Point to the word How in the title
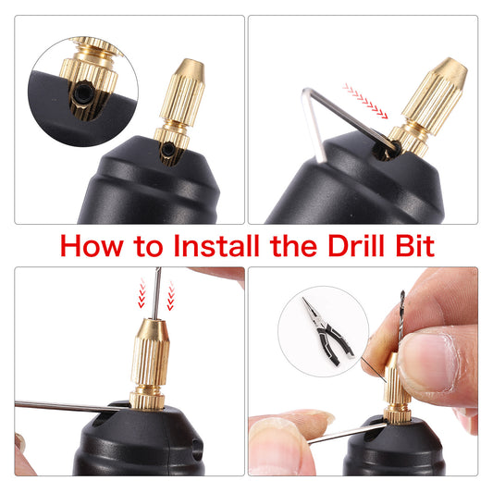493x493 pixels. [x=89, y=247]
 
